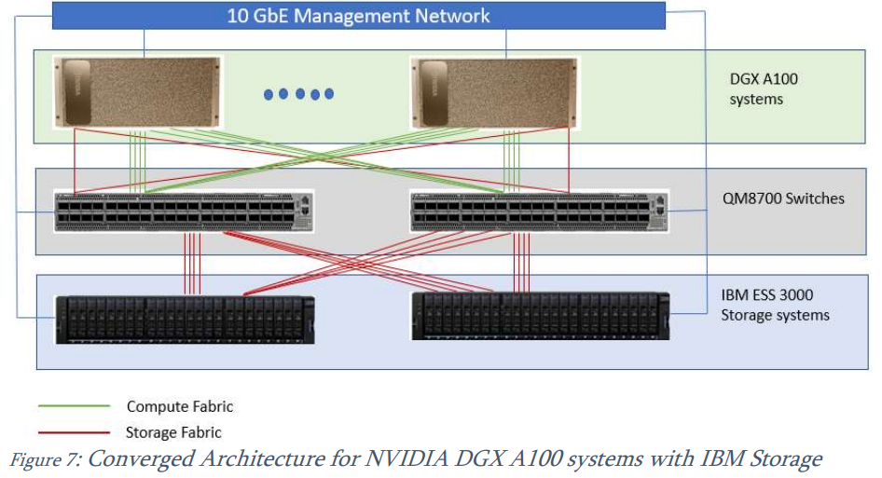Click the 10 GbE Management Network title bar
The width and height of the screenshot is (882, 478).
[x=359, y=16]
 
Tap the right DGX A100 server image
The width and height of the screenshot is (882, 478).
[x=494, y=91]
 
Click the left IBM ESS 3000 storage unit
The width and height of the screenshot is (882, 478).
[x=184, y=319]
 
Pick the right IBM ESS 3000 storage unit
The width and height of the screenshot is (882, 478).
[x=540, y=315]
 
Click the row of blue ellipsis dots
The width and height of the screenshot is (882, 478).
[x=298, y=93]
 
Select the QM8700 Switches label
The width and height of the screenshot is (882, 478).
[x=771, y=198]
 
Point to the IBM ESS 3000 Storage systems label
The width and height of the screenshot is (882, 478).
[x=774, y=306]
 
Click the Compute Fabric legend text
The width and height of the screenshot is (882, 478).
[x=179, y=406]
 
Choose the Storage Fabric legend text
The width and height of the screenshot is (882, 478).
[x=173, y=432]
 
